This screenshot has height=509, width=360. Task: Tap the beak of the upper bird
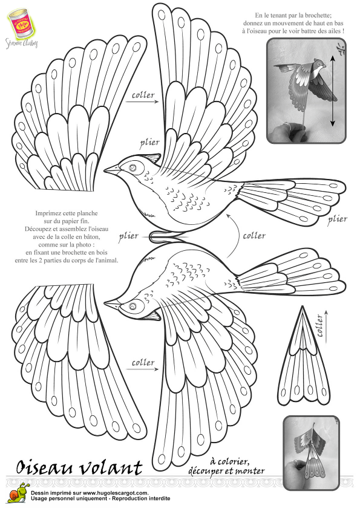(112, 170)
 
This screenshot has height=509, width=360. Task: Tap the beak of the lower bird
(112, 303)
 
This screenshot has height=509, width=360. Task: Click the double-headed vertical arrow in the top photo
(332, 89)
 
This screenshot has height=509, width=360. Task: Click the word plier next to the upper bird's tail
(338, 219)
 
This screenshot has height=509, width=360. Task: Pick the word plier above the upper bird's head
(150, 143)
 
